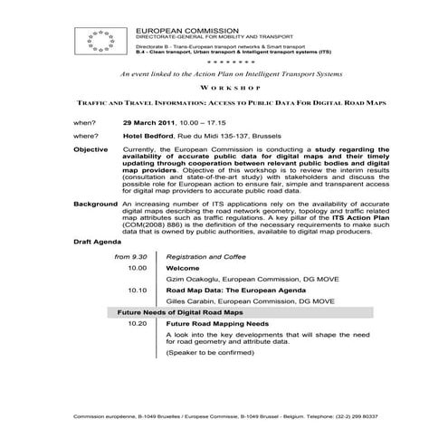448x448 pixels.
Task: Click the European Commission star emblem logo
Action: (100, 40)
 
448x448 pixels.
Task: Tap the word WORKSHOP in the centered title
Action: (223, 91)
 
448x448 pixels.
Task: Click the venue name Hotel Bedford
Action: (149, 135)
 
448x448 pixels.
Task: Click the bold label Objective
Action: (90, 148)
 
